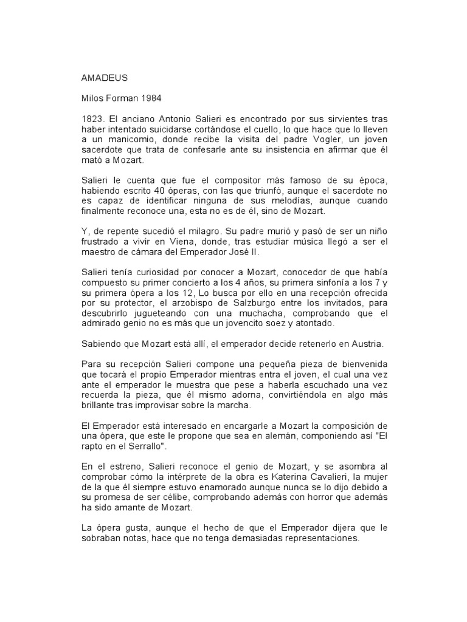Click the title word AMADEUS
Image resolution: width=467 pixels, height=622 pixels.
(x=103, y=78)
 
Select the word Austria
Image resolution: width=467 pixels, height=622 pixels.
(x=363, y=343)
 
